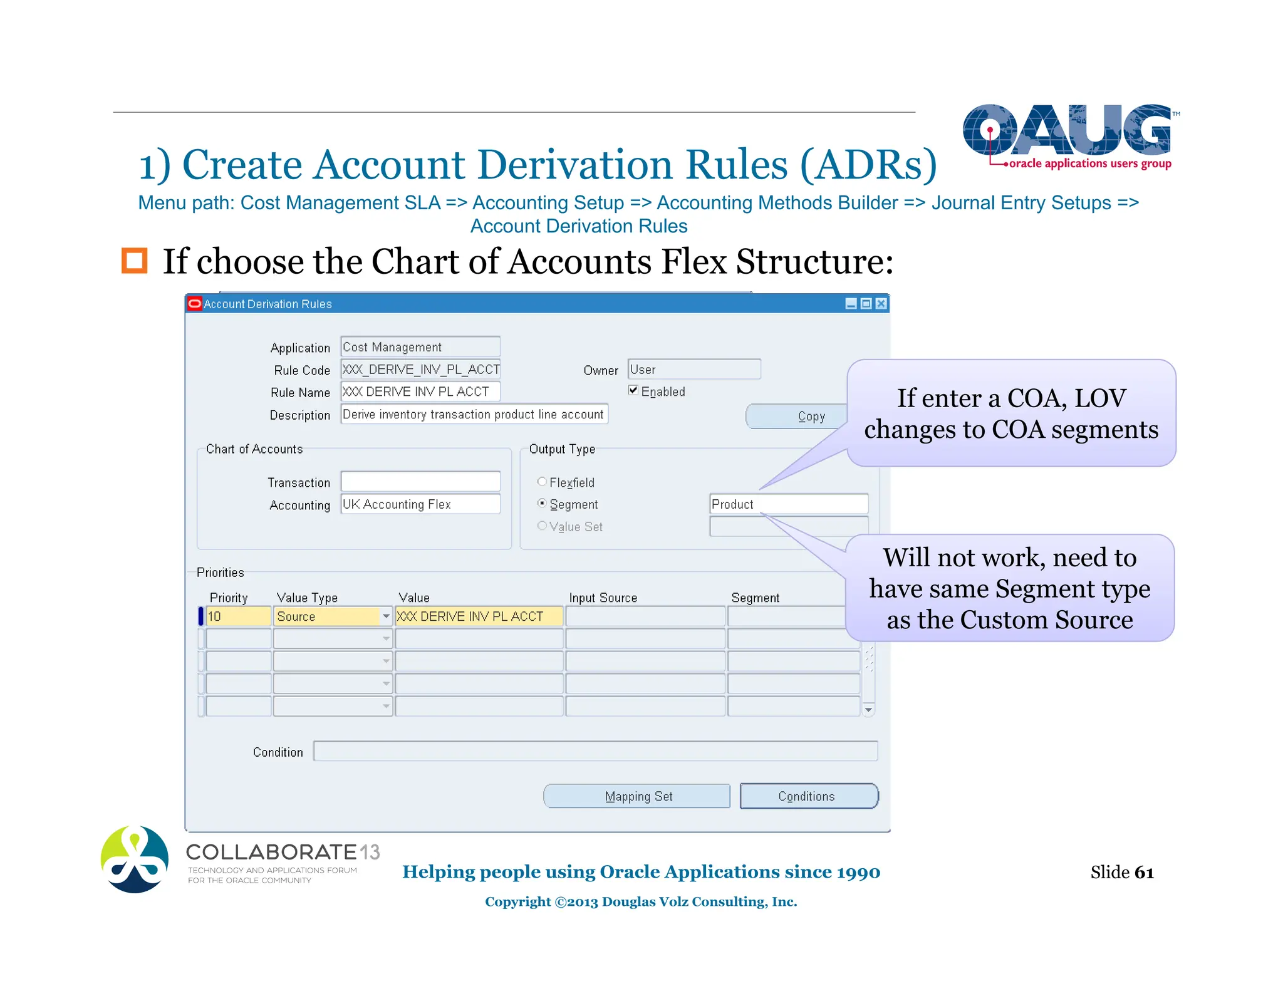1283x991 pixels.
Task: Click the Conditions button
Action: click(x=808, y=796)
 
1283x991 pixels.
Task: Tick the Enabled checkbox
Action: click(x=633, y=390)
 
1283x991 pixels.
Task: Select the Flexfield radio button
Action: click(x=542, y=482)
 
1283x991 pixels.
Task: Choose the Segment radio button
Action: click(x=542, y=504)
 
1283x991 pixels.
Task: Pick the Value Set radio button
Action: click(x=542, y=526)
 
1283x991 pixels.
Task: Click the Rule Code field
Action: click(x=420, y=370)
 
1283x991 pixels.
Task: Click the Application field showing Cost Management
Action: click(x=420, y=347)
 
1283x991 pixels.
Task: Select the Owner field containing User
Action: click(x=694, y=370)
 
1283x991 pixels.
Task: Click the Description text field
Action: click(x=474, y=414)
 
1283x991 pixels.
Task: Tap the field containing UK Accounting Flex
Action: click(x=420, y=504)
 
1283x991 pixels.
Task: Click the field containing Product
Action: click(x=789, y=504)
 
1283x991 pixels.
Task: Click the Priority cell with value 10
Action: click(x=238, y=616)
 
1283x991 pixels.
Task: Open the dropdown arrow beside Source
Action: click(x=386, y=616)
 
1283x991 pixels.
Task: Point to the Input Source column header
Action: click(x=603, y=598)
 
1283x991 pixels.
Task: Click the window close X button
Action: click(x=881, y=304)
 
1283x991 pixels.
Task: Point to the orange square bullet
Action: click(x=134, y=261)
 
